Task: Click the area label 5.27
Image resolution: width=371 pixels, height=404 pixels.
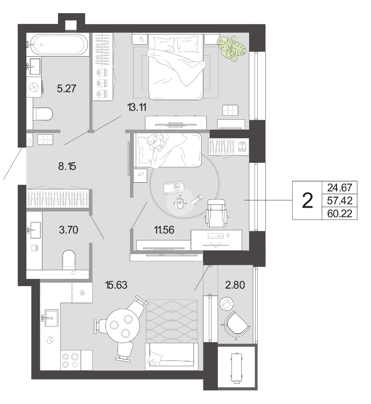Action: tap(67, 88)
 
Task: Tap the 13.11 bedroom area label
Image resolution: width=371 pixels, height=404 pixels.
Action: tap(137, 107)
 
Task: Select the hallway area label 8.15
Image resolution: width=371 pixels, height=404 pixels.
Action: tap(67, 166)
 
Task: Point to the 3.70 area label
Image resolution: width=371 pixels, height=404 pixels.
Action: tap(68, 229)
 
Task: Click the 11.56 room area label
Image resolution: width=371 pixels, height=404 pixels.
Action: tap(164, 229)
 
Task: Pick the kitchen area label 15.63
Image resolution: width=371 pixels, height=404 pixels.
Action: tap(116, 285)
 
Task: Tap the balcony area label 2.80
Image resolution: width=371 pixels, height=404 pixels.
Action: tap(235, 285)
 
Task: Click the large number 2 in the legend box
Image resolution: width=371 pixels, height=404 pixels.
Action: tap(307, 201)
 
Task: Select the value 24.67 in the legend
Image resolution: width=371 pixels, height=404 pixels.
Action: tap(340, 188)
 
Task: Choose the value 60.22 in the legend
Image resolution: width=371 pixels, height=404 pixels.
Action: tap(340, 214)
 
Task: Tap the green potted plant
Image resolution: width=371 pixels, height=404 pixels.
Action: tap(231, 48)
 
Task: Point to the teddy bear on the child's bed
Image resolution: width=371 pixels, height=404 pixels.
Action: tap(155, 142)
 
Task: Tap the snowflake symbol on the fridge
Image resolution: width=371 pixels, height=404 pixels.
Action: tap(82, 292)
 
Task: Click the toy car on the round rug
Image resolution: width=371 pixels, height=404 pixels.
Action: tap(174, 187)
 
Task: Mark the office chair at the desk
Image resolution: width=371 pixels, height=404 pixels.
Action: tap(217, 213)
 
